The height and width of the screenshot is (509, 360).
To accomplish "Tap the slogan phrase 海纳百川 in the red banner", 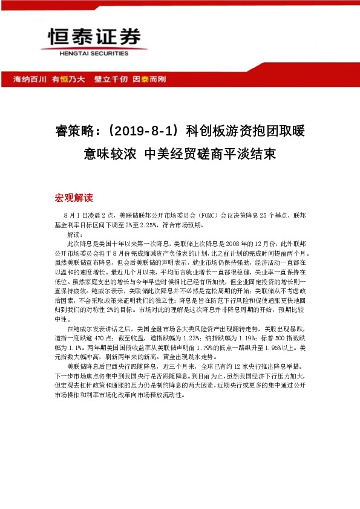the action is (x=30, y=79).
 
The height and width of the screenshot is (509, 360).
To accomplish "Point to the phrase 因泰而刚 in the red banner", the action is (x=149, y=79).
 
